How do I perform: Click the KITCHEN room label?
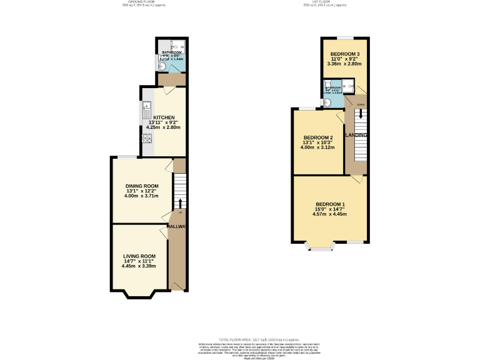click(164, 117)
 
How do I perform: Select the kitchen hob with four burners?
click(147, 139)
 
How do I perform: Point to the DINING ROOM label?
click(142, 186)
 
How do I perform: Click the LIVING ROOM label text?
click(139, 256)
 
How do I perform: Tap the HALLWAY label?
click(177, 226)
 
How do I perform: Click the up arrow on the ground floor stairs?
click(180, 203)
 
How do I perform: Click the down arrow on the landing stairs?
click(359, 115)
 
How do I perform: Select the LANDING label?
click(356, 135)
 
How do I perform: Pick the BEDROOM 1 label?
click(329, 204)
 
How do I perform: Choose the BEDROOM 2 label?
click(317, 137)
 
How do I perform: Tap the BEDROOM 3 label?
click(344, 54)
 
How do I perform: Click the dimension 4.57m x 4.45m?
click(329, 214)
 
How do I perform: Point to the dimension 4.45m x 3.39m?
click(139, 266)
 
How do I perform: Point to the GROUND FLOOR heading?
click(139, 2)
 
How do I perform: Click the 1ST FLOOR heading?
click(321, 2)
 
